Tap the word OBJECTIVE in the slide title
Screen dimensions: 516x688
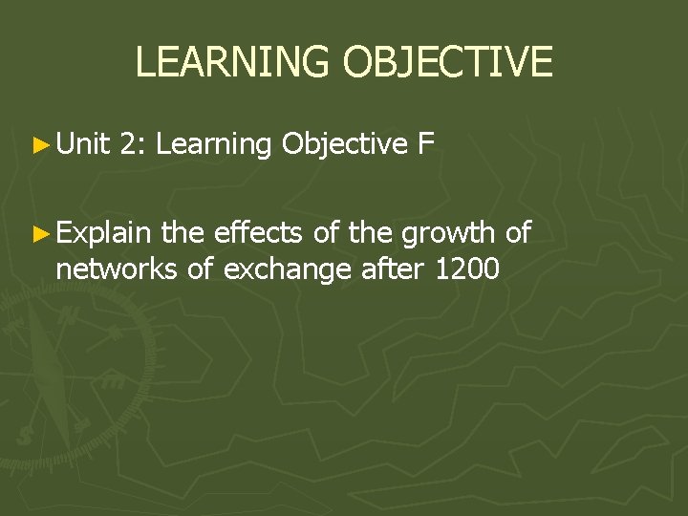(447, 62)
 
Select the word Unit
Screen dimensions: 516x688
(83, 144)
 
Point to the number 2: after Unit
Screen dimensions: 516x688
(133, 144)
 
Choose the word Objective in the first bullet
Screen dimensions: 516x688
(345, 145)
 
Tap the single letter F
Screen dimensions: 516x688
(426, 144)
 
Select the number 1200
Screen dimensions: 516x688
(466, 269)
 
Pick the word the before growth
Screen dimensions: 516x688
(368, 231)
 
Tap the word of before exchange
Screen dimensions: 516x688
(200, 269)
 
